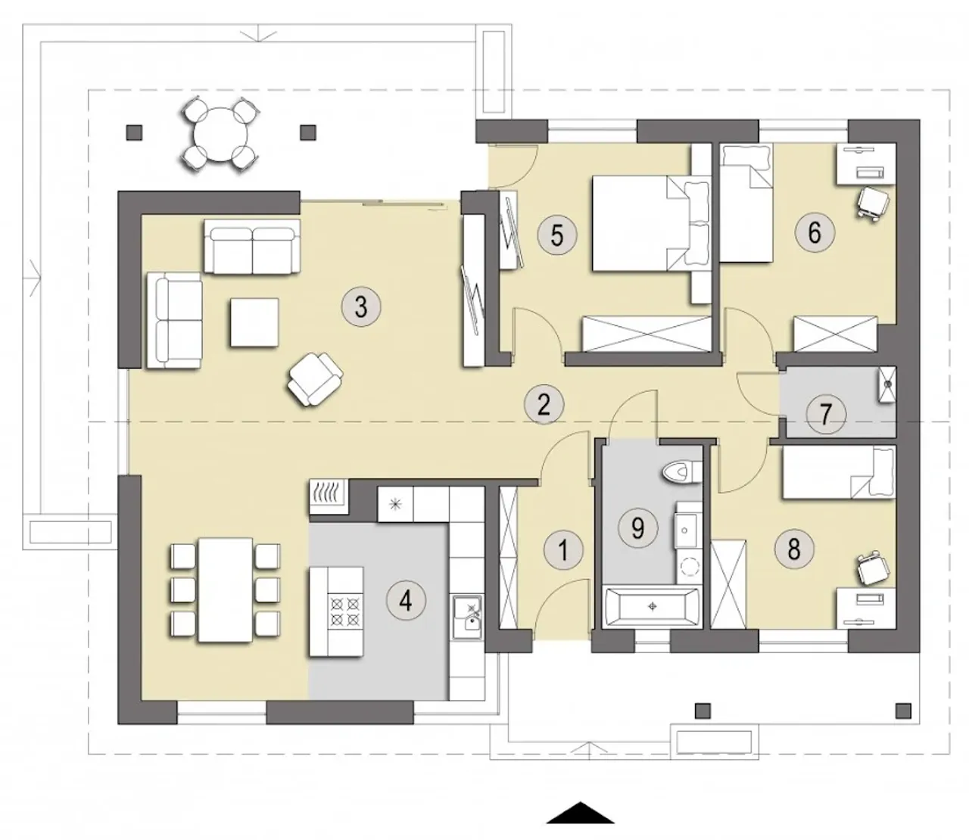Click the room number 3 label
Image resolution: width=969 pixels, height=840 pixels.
(360, 307)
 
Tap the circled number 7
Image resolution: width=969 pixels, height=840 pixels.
(826, 415)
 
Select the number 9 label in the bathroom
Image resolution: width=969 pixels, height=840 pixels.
(637, 527)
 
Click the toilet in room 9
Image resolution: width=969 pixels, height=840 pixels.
(681, 471)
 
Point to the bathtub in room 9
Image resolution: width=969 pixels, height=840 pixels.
(653, 607)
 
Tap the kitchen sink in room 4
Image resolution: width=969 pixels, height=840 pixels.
(467, 617)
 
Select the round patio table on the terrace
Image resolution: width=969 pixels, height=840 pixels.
(220, 134)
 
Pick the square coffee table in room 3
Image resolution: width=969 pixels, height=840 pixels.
(254, 323)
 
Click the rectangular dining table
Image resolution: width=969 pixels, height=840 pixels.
(226, 590)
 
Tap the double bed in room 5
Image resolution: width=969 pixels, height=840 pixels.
(652, 222)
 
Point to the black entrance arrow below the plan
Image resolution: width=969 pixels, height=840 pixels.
(581, 812)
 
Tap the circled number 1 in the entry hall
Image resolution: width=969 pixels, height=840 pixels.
(563, 550)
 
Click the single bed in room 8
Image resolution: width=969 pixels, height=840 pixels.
(839, 472)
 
